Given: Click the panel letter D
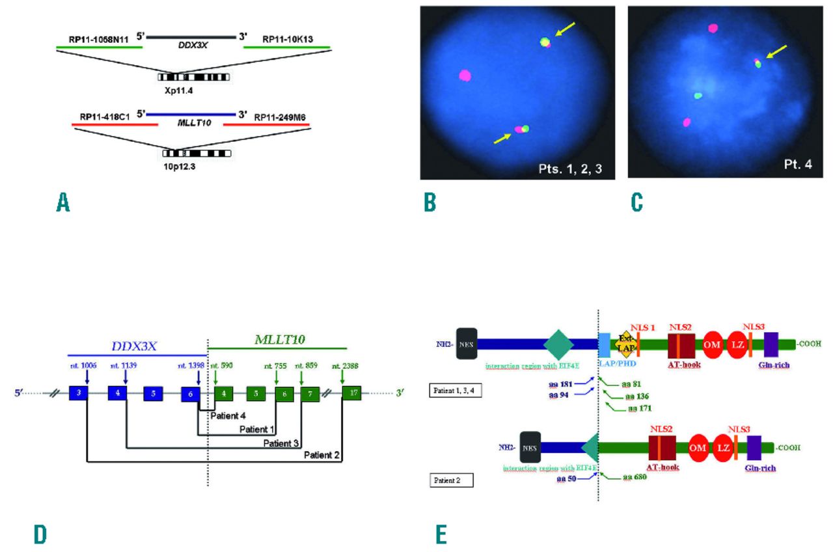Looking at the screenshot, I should tap(40, 534).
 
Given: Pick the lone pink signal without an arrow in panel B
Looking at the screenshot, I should tap(465, 75).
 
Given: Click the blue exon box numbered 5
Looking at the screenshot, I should tap(153, 394).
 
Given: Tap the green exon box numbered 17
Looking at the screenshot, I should tap(352, 394).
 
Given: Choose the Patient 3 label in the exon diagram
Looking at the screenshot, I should tap(281, 443).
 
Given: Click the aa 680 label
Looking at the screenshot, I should tap(636, 477).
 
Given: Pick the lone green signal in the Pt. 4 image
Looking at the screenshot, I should tap(698, 95).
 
